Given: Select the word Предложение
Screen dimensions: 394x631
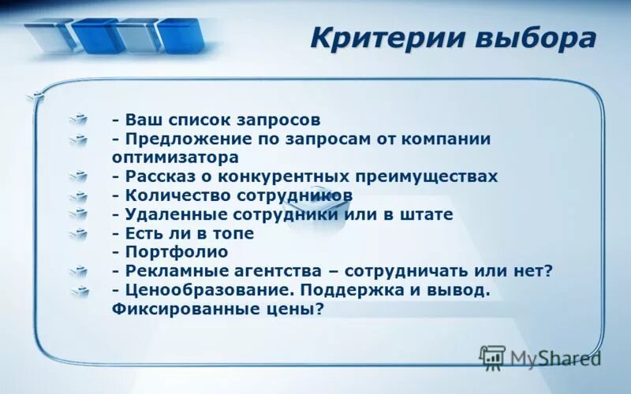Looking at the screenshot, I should (180, 139).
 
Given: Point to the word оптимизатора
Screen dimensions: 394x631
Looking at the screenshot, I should (165, 157).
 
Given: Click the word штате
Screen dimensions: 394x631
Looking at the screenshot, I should (429, 214).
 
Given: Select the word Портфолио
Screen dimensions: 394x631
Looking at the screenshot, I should (176, 252).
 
